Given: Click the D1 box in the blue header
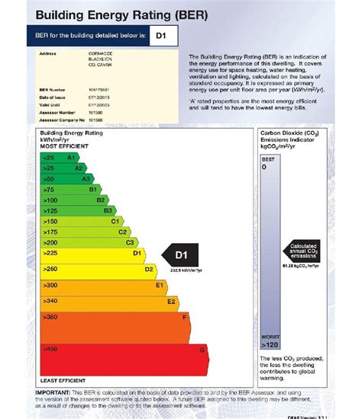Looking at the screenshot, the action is [163, 35].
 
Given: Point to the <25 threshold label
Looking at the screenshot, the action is [48, 157].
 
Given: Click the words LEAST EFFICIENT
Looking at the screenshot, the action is [63, 379].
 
